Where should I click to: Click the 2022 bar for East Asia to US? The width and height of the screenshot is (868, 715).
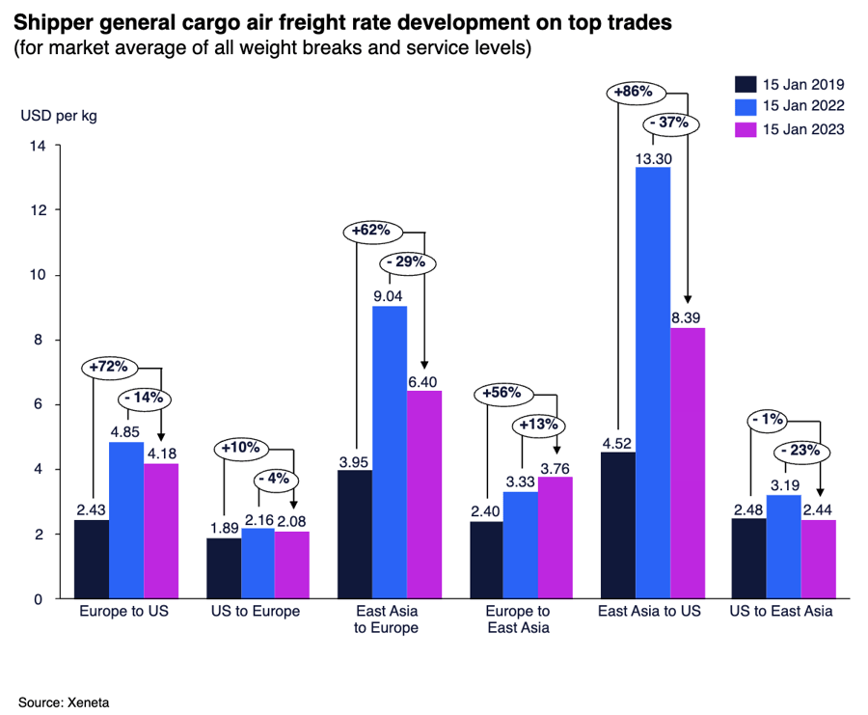(x=652, y=382)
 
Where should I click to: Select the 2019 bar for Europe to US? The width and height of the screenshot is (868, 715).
(x=92, y=559)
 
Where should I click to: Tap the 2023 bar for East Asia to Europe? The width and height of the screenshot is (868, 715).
(x=424, y=494)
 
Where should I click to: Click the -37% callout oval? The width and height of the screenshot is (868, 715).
(x=668, y=123)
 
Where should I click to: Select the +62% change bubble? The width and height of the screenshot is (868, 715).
(x=370, y=232)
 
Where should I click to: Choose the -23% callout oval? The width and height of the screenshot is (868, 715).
(x=800, y=449)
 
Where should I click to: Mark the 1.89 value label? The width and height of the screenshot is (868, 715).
(x=223, y=528)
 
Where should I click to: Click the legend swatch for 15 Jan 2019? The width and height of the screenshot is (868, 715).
(x=745, y=82)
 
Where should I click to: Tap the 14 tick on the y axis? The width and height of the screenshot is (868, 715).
(x=39, y=146)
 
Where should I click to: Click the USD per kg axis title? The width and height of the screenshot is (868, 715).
(x=59, y=117)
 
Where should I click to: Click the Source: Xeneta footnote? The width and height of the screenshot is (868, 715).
(x=63, y=701)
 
